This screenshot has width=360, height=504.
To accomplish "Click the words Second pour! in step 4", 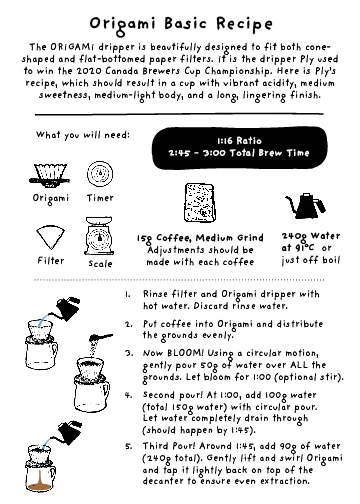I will click(176, 395).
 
